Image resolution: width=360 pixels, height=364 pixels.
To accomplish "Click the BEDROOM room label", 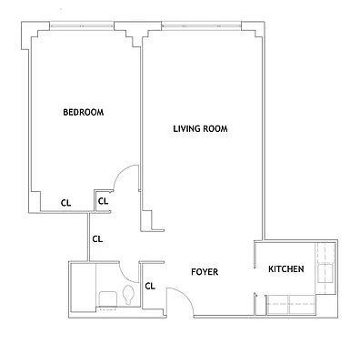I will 83,113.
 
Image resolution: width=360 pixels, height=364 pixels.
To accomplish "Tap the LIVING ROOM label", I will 200,129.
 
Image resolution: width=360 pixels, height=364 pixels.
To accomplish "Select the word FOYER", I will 205,272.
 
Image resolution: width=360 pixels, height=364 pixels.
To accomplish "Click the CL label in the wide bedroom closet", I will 65,203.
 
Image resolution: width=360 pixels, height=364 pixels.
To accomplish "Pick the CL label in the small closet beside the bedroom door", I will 103,201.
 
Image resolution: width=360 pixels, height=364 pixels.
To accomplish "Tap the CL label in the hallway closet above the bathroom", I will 98,238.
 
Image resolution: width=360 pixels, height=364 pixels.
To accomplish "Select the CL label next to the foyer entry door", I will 151,286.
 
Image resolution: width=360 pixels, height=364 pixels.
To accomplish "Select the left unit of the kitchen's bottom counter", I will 276,306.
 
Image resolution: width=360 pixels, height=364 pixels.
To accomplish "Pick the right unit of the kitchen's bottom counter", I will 301,306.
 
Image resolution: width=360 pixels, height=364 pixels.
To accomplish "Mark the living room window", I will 201,26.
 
